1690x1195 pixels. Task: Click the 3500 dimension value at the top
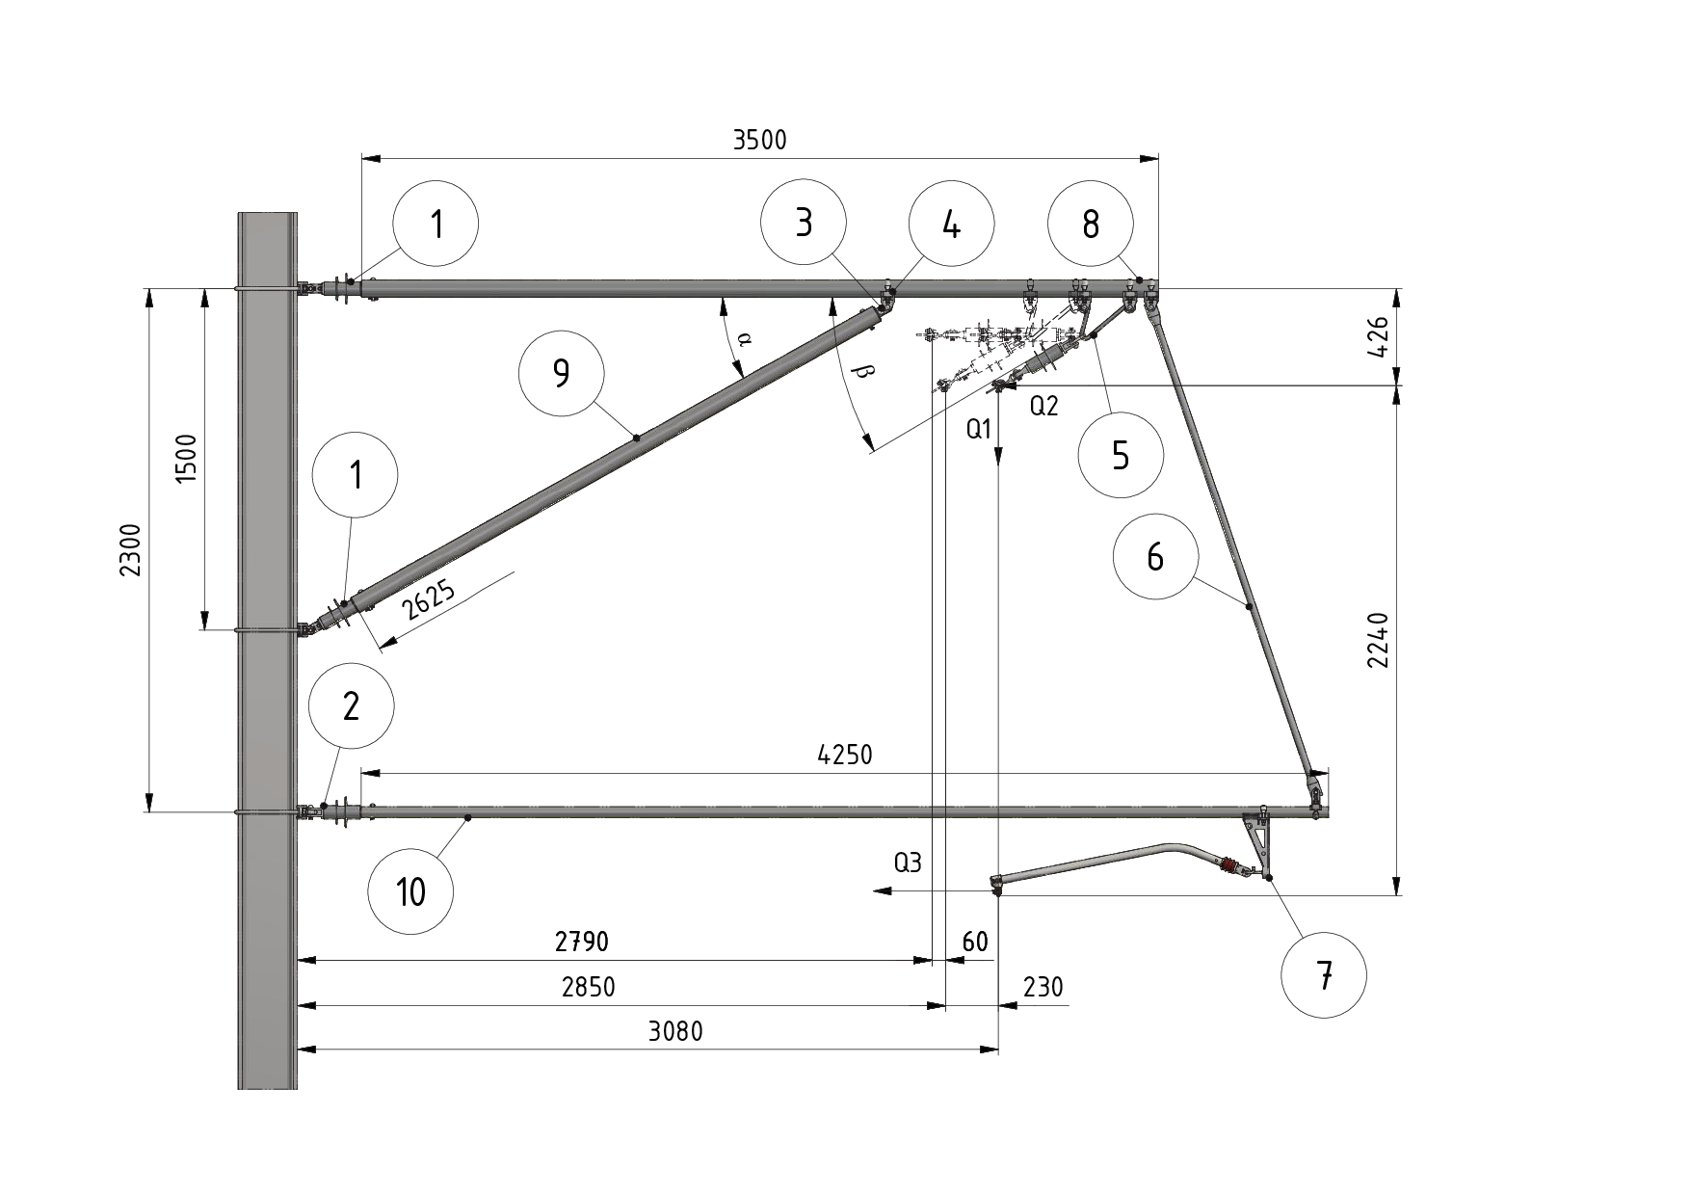759,141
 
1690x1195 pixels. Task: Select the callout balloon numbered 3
803,223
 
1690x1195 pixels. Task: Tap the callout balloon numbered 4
951,225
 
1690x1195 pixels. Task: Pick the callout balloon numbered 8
1090,225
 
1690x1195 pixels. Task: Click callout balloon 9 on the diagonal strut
561,373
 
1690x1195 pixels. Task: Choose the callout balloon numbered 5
1121,455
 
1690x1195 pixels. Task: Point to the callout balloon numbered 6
1154,556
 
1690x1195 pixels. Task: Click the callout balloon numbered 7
1324,976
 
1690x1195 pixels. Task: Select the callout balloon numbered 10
410,891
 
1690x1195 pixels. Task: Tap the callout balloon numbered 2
351,706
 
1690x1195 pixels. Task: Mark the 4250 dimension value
844,755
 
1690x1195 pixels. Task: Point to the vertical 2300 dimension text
131,550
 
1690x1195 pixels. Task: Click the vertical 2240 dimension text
1379,640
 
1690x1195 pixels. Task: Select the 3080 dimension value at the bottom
675,1032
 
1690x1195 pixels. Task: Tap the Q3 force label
908,863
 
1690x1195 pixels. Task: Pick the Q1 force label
979,431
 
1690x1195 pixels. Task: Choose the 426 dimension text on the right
1379,337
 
